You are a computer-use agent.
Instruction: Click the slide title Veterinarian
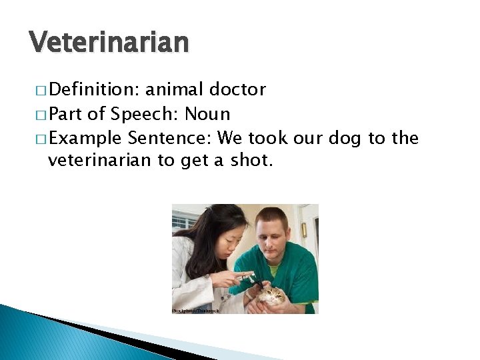(109, 42)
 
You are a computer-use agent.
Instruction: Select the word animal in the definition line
(174, 89)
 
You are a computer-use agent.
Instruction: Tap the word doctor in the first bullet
(237, 89)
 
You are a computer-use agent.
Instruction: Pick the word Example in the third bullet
(85, 139)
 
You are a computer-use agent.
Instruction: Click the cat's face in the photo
(273, 295)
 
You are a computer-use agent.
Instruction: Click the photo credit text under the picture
(195, 311)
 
